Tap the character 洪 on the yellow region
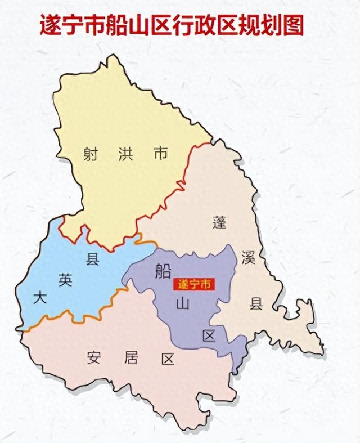[125, 153]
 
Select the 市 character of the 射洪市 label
[161, 153]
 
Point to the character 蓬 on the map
[219, 221]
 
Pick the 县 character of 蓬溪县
[256, 305]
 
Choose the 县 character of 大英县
[92, 259]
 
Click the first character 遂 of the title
[50, 25]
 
